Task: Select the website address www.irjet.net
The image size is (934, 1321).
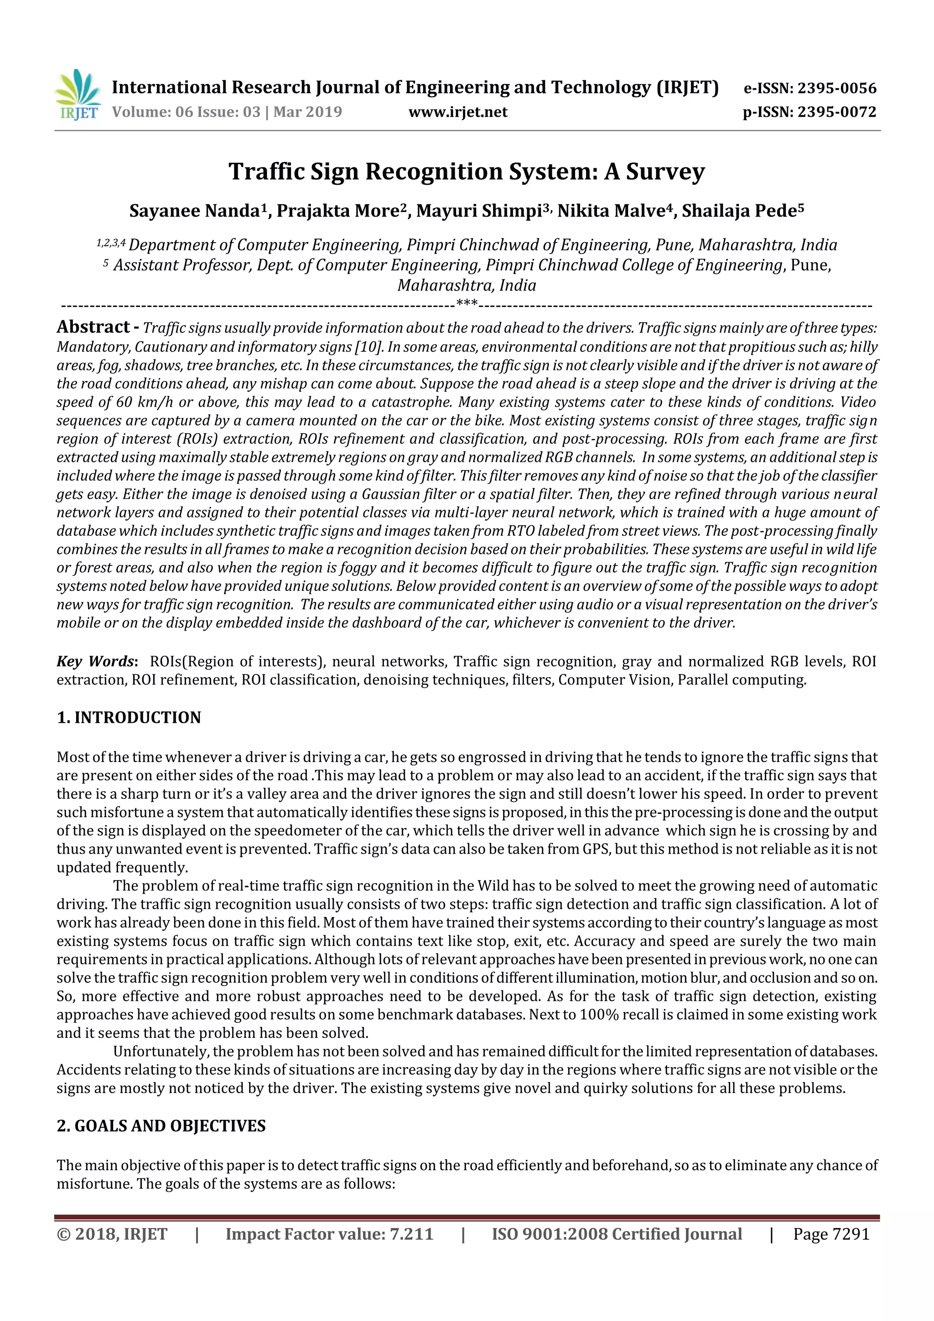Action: (458, 112)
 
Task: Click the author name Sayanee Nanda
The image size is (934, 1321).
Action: (195, 211)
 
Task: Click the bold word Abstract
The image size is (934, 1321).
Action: (93, 327)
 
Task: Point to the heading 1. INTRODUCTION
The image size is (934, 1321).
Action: (129, 717)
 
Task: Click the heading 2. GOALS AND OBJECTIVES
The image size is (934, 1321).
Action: (161, 1126)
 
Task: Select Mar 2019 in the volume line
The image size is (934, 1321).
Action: (307, 112)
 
